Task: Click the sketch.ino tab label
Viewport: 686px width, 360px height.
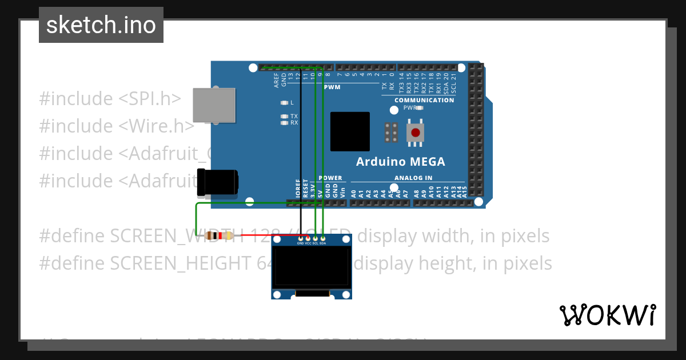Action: tap(101, 25)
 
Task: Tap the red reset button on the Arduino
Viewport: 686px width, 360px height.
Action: tap(416, 133)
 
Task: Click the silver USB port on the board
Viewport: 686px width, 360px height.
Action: tap(214, 105)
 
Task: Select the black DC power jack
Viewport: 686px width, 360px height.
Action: tap(217, 182)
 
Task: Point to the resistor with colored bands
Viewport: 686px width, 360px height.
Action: tap(219, 235)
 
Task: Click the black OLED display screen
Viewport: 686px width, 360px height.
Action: tap(312, 266)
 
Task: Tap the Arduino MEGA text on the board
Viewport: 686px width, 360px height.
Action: tap(400, 162)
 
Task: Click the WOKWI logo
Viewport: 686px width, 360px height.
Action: tap(607, 315)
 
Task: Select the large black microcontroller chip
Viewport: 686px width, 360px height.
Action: tap(350, 131)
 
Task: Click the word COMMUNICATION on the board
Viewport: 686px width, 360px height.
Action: tap(424, 100)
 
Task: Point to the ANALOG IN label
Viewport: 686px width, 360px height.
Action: tap(413, 178)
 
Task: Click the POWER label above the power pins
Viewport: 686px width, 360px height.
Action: tap(330, 178)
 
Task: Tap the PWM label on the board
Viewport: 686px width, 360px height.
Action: tap(332, 87)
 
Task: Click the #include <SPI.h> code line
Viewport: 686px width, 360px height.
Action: tap(110, 99)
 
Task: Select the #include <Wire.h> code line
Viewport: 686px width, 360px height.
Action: tap(117, 126)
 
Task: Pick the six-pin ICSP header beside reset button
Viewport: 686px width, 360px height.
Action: tap(392, 133)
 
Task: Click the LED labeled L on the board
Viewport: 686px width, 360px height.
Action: tap(284, 103)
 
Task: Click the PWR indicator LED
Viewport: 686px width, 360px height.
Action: tap(420, 107)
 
